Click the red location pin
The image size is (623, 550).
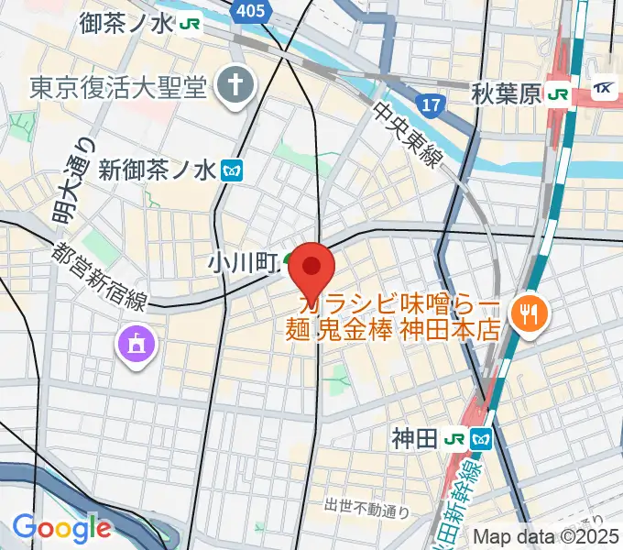coord(311,268)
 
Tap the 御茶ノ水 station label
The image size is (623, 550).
coord(126,22)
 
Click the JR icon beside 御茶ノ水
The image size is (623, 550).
coord(191,23)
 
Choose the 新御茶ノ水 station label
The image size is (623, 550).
coord(156,170)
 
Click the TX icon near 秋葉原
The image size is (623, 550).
coord(605,90)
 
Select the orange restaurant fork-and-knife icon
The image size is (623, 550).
coord(529,312)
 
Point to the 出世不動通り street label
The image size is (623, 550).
coord(365,505)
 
